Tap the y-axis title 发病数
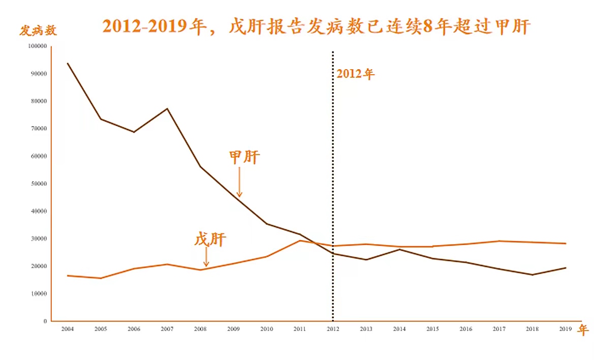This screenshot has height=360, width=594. [38, 31]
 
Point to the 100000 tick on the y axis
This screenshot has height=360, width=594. [38, 46]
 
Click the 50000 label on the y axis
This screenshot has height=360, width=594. [39, 184]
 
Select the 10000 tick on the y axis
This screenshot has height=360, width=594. [39, 294]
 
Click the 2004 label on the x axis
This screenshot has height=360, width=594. [68, 329]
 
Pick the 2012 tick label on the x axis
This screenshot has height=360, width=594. [333, 329]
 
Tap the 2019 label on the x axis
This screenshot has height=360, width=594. [565, 329]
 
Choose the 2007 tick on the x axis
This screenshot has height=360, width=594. [167, 329]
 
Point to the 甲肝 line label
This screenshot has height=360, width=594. [244, 157]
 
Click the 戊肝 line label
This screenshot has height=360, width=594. [210, 239]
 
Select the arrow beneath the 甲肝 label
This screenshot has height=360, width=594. [239, 183]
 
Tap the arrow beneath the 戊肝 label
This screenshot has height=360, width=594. [206, 257]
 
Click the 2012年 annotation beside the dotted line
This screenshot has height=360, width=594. [355, 74]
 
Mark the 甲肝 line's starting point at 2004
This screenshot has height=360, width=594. [68, 64]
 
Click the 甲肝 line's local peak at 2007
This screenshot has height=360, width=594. [167, 109]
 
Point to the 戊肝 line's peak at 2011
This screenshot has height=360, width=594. [300, 241]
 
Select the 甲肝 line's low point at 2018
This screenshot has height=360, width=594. [532, 275]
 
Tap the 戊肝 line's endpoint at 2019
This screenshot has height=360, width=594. [565, 244]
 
